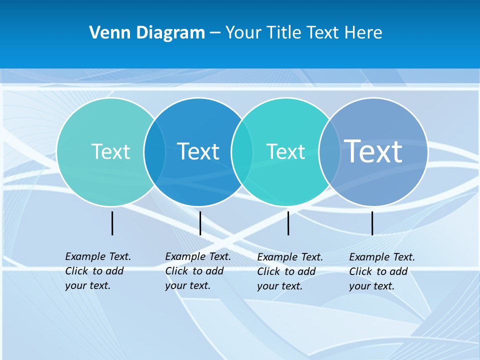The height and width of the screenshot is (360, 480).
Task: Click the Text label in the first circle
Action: point(110,151)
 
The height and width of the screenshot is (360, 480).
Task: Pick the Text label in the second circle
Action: point(198,151)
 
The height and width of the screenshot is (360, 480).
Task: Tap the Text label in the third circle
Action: point(285,151)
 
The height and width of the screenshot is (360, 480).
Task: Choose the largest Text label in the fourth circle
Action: point(373,151)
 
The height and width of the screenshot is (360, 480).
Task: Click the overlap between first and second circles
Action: point(154,152)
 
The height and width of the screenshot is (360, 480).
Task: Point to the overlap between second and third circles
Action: point(242,152)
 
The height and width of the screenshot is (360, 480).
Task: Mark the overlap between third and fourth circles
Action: point(329,152)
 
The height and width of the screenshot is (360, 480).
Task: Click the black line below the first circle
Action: point(112,223)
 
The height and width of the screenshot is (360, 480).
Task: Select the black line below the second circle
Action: point(200,223)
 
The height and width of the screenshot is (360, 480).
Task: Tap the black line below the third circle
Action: point(288,223)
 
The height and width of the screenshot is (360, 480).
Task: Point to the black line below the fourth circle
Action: point(372,223)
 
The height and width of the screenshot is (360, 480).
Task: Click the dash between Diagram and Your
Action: point(215,33)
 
